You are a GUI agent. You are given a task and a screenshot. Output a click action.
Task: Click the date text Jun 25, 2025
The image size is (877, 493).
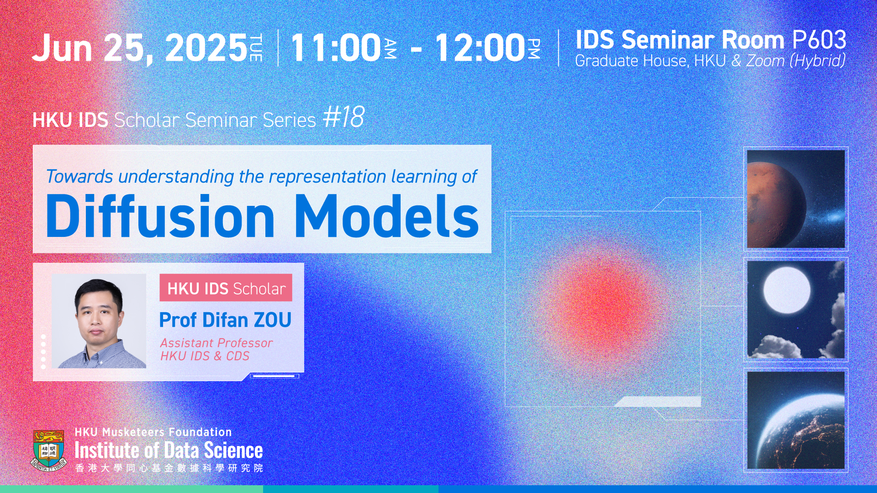(140, 47)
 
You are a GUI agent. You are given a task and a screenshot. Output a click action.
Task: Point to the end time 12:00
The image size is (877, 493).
(480, 47)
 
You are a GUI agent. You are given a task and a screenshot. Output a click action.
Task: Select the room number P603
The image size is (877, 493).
(819, 40)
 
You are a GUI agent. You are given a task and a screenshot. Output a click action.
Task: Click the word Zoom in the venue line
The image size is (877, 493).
(766, 61)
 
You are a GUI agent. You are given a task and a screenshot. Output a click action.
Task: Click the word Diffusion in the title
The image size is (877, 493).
(160, 215)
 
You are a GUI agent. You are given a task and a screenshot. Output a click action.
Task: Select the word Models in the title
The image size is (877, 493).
(387, 215)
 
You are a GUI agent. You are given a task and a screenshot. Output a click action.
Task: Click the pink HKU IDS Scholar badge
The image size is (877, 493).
(226, 288)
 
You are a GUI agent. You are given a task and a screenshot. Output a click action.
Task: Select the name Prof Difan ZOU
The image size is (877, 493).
(225, 320)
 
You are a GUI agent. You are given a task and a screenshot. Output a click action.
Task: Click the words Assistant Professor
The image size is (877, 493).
(216, 343)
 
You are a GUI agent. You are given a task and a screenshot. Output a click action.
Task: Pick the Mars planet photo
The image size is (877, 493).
(796, 199)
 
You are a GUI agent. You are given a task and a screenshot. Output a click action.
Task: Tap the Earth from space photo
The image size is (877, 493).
(796, 420)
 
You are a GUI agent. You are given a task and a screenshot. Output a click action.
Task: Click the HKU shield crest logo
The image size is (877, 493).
(49, 450)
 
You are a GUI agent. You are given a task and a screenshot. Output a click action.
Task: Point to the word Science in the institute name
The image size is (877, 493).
(233, 451)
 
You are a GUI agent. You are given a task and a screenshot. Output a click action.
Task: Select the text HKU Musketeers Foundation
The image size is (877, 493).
(153, 432)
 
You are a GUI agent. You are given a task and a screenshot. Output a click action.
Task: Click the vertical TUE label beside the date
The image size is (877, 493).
(256, 47)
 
